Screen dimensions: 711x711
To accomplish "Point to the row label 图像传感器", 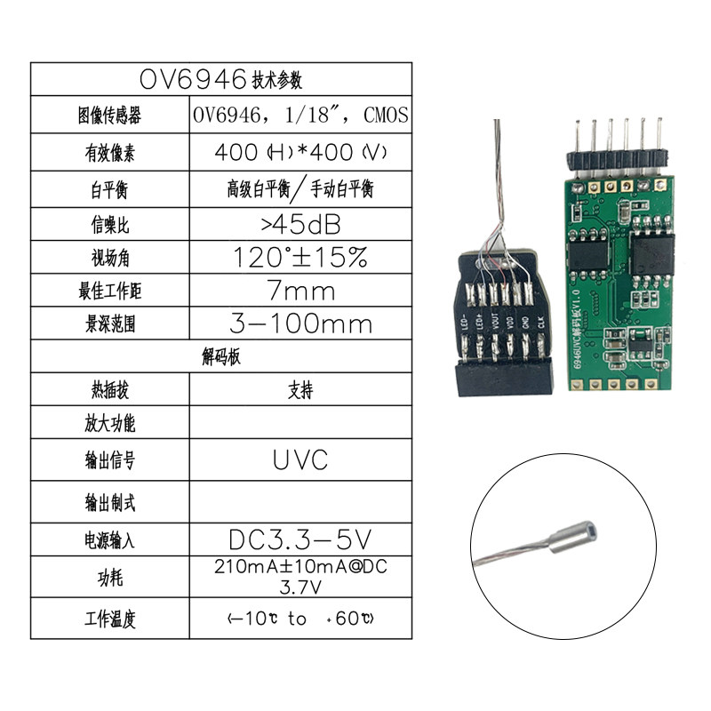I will pyautogui.click(x=111, y=116).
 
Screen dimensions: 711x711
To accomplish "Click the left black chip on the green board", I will pyautogui.click(x=587, y=252).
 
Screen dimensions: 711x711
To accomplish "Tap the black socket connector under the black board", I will pyautogui.click(x=502, y=379).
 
